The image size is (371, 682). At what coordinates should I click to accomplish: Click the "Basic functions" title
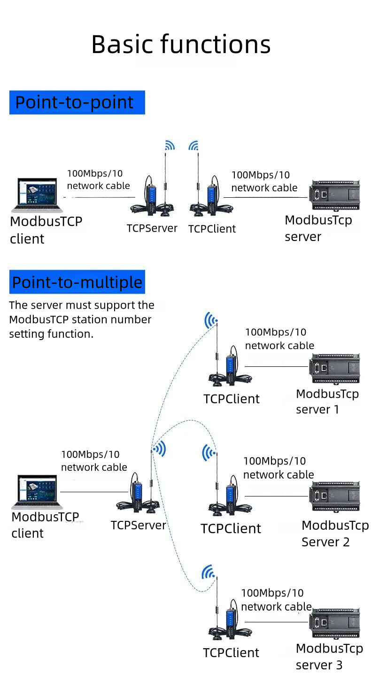pos(181,45)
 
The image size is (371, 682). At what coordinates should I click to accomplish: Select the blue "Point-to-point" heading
pos(77,102)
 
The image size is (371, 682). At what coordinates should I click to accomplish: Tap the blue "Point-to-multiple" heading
pos(77,282)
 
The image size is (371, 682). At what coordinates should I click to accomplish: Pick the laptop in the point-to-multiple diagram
pos(37,492)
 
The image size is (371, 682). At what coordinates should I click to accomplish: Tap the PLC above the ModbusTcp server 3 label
pos(334,624)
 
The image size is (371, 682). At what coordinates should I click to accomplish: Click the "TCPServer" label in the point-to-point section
pos(152,228)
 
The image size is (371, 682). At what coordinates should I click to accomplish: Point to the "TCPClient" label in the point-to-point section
pos(212,229)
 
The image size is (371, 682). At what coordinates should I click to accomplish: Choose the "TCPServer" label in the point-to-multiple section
pos(139,525)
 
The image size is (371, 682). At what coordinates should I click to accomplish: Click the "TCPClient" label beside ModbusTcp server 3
pos(231,653)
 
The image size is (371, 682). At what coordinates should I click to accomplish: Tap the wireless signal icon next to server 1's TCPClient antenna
pos(211,321)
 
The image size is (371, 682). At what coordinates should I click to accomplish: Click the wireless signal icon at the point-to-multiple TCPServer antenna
pos(160,449)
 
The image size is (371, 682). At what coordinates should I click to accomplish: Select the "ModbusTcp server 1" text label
pos(327,402)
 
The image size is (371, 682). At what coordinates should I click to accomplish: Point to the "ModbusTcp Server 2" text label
pos(334,534)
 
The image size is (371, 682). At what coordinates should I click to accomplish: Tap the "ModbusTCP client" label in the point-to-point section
pos(46,230)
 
